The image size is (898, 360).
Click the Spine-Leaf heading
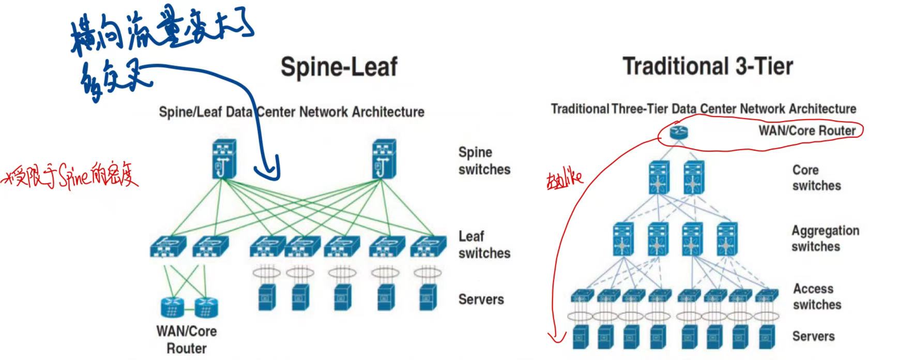339,67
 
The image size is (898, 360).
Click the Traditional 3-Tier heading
708,66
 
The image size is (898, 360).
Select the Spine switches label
484,161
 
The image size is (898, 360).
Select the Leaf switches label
484,245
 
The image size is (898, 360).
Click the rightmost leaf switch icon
428,247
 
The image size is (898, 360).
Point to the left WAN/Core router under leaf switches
173,307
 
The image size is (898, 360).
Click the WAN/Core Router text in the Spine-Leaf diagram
187,339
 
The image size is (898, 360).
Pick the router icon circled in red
679,132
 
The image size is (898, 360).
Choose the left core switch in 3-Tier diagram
659,177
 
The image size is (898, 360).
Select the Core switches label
816,177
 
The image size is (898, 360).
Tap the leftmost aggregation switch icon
623,239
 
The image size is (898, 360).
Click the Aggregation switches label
825,238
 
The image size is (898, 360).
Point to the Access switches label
816,296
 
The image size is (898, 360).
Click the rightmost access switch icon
766,296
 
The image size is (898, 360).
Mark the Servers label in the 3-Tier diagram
813,336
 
